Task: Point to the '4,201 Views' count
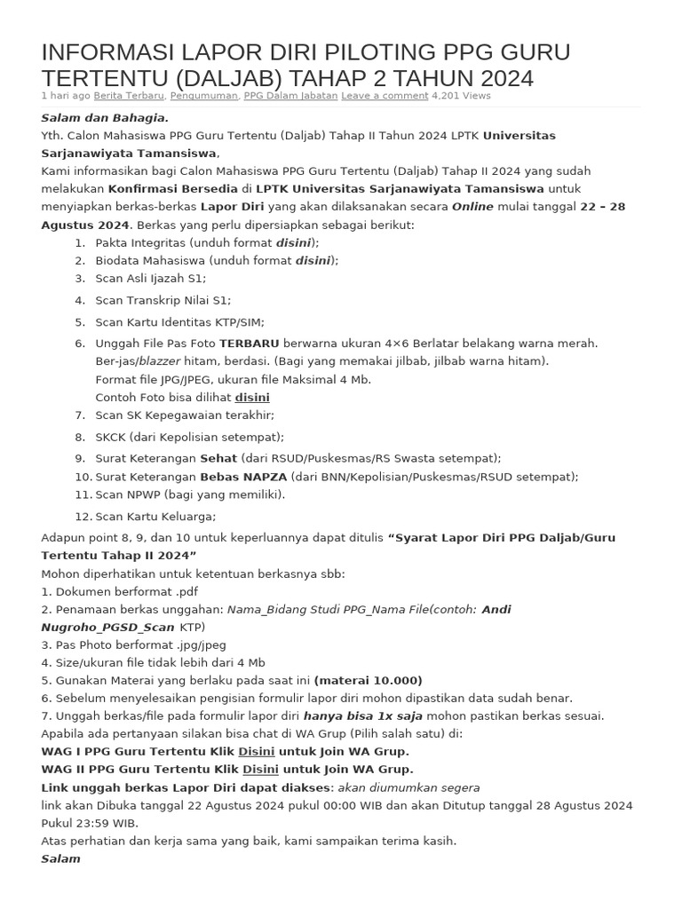pyautogui.click(x=461, y=96)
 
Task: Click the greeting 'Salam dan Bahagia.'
pyautogui.click(x=105, y=118)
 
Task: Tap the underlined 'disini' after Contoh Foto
pyautogui.click(x=252, y=397)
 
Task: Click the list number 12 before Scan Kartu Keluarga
pyautogui.click(x=83, y=517)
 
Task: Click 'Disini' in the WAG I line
pyautogui.click(x=256, y=751)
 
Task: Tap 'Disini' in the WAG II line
pyautogui.click(x=260, y=769)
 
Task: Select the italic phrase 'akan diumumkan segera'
pyautogui.click(x=408, y=787)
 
